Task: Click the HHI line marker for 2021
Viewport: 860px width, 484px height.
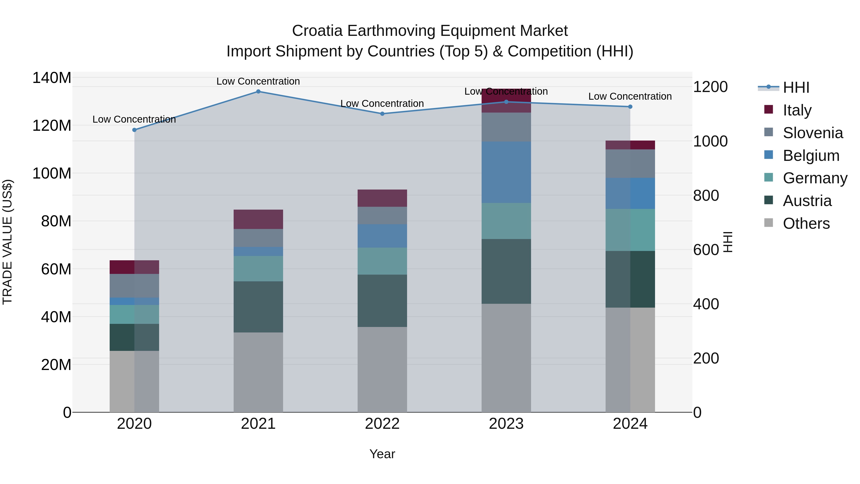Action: click(x=258, y=92)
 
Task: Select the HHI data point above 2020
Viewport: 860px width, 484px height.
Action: click(x=134, y=130)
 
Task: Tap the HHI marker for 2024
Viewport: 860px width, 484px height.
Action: click(x=630, y=107)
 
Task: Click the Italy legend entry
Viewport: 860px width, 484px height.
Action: click(x=797, y=110)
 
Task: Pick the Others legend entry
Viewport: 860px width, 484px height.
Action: click(x=806, y=223)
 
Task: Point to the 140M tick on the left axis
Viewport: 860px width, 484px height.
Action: click(x=52, y=78)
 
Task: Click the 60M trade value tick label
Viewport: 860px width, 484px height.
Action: click(x=56, y=269)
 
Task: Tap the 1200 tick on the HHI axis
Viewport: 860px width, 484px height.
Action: click(x=710, y=87)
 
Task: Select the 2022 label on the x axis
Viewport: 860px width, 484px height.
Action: click(x=382, y=424)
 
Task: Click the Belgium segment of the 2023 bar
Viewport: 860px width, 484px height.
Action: click(x=506, y=172)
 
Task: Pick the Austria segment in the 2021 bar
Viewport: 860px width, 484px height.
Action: click(x=258, y=307)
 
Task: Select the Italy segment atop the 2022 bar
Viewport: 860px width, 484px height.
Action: click(x=382, y=198)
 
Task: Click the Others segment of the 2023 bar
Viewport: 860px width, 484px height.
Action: click(x=506, y=357)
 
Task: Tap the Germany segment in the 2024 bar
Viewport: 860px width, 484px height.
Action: click(x=630, y=230)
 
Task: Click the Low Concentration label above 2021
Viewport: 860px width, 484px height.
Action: click(x=258, y=81)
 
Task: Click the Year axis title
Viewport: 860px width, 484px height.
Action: click(x=382, y=454)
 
